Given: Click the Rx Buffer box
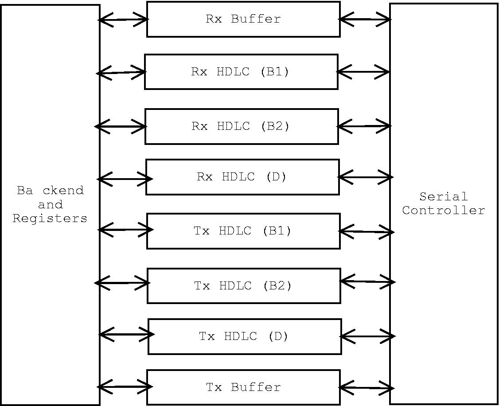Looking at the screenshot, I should point(243,19).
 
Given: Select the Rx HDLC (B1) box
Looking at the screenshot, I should point(241,72).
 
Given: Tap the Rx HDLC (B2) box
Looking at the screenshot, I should point(242,126).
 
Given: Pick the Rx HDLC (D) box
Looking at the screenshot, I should point(242,177).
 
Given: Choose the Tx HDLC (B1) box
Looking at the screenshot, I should point(243,231).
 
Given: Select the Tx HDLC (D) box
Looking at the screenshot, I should point(245,336).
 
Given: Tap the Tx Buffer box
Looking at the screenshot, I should point(243,387).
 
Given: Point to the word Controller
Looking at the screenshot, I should point(444,210).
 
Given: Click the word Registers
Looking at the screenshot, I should point(50,218).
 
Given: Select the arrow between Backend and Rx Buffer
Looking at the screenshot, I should point(123,20).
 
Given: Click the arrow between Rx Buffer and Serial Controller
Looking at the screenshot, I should point(365,19).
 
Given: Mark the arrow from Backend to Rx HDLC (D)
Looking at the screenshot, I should point(124,179).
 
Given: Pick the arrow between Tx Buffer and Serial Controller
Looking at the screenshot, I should point(366,388).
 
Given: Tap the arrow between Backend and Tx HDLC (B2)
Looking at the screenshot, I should point(122,282).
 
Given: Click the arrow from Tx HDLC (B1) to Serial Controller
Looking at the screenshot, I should point(366,231).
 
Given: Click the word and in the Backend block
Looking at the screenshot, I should point(50,205).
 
